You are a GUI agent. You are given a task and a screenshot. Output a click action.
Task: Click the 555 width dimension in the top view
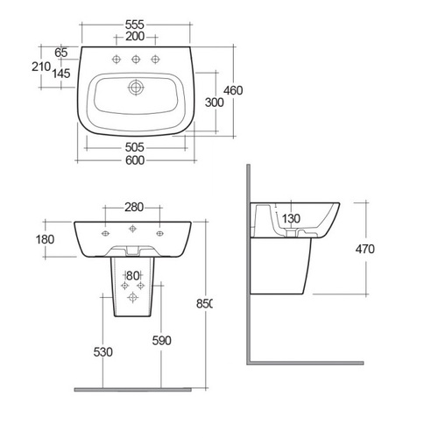[135, 25]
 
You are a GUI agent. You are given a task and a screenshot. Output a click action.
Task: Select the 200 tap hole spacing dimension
[135, 37]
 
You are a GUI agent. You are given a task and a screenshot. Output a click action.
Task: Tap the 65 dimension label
[61, 53]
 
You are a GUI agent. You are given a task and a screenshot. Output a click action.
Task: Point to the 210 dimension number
[41, 67]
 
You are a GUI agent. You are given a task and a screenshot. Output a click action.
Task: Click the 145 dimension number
[61, 74]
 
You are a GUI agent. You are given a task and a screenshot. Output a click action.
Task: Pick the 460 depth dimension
[233, 90]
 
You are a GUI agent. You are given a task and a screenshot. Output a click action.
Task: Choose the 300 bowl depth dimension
[215, 102]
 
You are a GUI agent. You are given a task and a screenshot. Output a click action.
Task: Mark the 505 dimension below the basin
[135, 147]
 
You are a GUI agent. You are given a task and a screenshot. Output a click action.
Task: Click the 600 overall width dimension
[135, 160]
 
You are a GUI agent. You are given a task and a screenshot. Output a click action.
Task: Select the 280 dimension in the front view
[134, 208]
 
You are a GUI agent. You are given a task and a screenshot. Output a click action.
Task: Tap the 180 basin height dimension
[45, 239]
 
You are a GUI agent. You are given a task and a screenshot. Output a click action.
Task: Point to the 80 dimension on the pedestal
[133, 276]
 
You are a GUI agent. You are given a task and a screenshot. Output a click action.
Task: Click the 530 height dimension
[103, 352]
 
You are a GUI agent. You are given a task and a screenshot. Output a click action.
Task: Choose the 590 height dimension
[162, 341]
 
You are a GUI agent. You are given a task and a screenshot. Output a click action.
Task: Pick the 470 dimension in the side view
[365, 249]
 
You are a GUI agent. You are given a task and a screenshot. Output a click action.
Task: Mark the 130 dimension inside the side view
[291, 218]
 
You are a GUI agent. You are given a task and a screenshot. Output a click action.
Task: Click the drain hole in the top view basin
[136, 87]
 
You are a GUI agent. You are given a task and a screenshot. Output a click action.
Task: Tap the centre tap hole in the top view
[136, 60]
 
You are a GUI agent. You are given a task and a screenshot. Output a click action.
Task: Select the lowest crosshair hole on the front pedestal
[132, 297]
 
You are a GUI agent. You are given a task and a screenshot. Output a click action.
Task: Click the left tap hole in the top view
[117, 60]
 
